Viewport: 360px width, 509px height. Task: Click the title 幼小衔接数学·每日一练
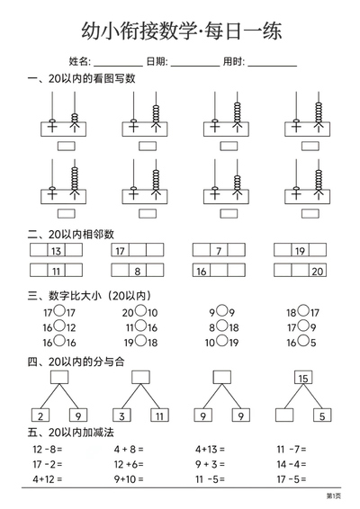pyautogui.click(x=181, y=31)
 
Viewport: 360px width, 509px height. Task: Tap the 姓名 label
pyautogui.click(x=80, y=61)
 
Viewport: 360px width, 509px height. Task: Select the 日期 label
pyautogui.click(x=156, y=61)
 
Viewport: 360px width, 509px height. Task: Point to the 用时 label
pyautogui.click(x=232, y=61)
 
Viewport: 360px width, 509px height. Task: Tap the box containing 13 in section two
pyautogui.click(x=56, y=251)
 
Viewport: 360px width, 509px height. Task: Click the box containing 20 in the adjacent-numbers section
pyautogui.click(x=317, y=271)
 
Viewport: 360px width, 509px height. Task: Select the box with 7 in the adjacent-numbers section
pyautogui.click(x=217, y=251)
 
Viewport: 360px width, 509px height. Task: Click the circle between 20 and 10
pyautogui.click(x=140, y=312)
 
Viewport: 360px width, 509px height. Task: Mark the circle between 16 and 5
pyautogui.click(x=304, y=341)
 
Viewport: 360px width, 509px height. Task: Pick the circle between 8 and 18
pyautogui.click(x=220, y=326)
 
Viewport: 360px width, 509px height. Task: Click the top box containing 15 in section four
pyautogui.click(x=303, y=378)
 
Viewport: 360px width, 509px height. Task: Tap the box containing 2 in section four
pyautogui.click(x=41, y=415)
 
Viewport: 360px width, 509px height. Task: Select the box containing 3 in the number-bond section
pyautogui.click(x=121, y=415)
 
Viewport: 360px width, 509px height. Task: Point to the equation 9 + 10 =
pyautogui.click(x=130, y=479)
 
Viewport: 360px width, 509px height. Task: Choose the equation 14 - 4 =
pyautogui.click(x=292, y=464)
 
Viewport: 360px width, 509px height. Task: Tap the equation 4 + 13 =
pyautogui.click(x=211, y=449)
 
